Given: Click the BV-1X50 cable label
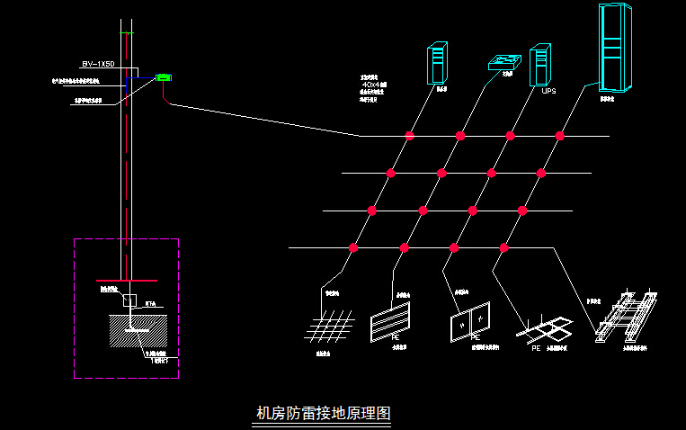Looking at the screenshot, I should [98, 65].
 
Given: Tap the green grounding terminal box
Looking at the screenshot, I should [164, 78].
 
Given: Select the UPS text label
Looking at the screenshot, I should [549, 91].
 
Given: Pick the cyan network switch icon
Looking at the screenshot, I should [505, 63].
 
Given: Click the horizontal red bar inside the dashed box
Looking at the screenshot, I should [126, 281].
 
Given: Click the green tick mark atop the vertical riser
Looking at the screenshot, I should [129, 34].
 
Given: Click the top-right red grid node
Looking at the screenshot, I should [559, 136].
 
